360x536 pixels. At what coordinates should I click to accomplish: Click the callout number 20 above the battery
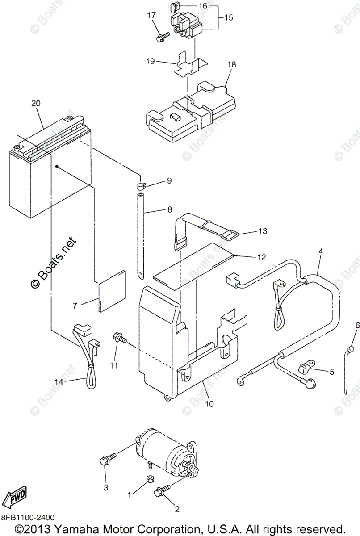[36, 103]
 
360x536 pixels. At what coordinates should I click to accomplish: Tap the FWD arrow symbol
[15, 495]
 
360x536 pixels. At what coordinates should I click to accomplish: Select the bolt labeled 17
[162, 35]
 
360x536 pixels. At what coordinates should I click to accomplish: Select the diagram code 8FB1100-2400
[28, 518]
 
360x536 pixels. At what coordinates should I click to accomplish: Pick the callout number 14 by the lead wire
[59, 382]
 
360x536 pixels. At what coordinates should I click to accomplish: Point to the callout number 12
[261, 257]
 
